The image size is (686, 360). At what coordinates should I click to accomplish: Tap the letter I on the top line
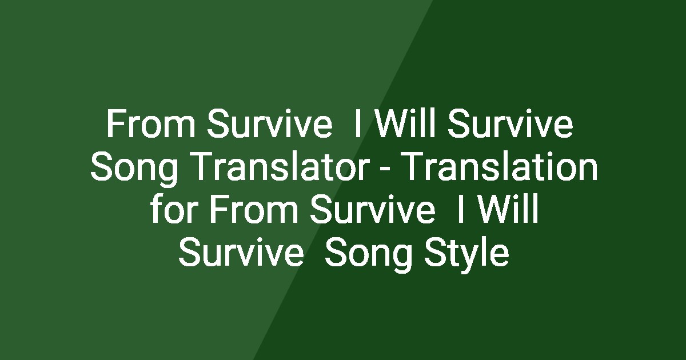(x=357, y=126)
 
